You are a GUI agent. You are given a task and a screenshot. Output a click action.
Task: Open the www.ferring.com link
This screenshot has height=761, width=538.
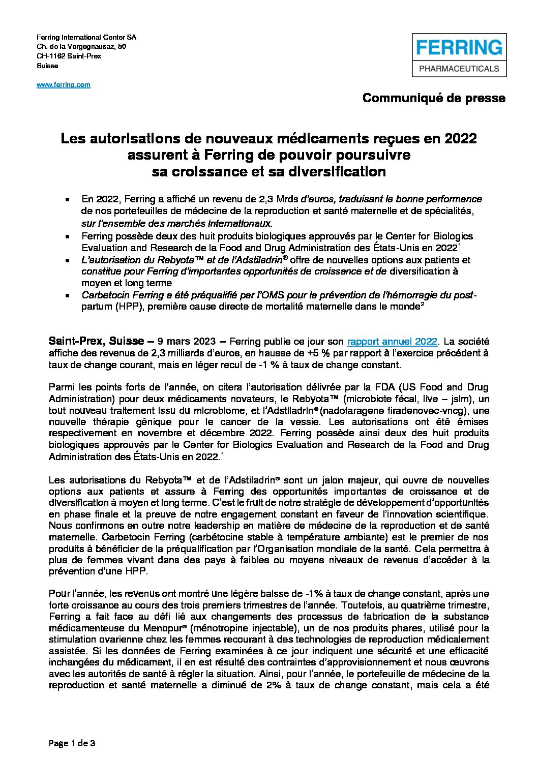[64, 85]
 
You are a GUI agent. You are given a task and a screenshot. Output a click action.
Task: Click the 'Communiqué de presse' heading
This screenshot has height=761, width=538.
[434, 98]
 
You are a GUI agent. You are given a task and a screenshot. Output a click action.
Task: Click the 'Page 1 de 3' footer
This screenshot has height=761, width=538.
[72, 743]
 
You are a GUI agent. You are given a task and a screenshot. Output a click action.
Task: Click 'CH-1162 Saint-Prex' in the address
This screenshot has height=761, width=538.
[69, 56]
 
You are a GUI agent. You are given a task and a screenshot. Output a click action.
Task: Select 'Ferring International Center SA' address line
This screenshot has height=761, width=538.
[86, 38]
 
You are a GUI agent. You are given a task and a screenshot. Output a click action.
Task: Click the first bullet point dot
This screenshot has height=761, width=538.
[68, 200]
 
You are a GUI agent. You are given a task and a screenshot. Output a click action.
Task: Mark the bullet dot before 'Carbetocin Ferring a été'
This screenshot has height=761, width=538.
[68, 296]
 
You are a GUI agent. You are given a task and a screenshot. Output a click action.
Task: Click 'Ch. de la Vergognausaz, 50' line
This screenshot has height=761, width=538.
[81, 47]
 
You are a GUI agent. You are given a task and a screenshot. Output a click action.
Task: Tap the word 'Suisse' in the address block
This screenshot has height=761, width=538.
[48, 66]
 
